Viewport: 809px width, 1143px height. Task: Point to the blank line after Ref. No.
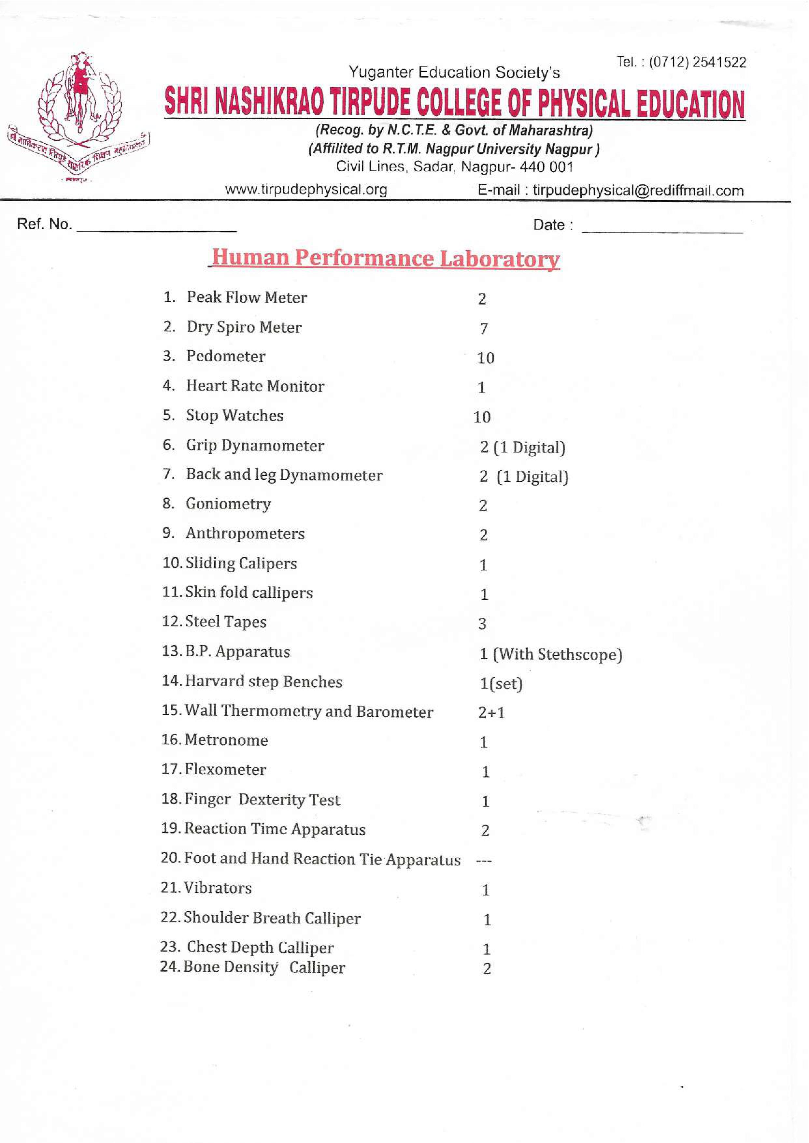pos(156,229)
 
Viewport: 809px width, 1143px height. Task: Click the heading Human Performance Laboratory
pos(386,258)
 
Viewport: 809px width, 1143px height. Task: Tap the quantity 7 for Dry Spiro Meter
pos(483,328)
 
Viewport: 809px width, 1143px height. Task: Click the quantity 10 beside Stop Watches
pos(482,417)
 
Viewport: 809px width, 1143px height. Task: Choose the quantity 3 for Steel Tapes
pos(482,623)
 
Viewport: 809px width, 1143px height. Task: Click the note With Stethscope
pos(558,654)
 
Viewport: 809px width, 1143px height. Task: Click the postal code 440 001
pos(546,167)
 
